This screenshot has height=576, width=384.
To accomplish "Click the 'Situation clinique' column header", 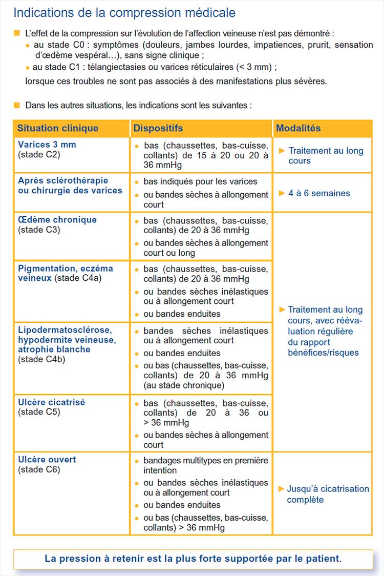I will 57,128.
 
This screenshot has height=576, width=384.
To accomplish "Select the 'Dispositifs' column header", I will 158,128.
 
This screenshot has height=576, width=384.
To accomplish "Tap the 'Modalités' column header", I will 298,128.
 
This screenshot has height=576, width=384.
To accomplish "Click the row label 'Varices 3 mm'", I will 47,145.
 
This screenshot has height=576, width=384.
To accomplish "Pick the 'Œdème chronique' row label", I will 57,220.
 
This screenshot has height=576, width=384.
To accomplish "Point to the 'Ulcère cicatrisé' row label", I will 51,402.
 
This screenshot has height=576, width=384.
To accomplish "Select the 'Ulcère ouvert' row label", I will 47,460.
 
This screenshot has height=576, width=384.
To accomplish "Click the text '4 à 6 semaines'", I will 319,193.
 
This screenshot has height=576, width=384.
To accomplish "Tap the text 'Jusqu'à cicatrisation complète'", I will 328,494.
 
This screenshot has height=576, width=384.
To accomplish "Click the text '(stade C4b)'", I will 41,359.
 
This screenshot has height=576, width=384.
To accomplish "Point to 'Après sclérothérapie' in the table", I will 63,180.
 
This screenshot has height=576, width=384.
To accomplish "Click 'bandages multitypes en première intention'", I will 205,465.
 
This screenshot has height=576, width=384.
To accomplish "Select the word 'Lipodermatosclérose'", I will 65,330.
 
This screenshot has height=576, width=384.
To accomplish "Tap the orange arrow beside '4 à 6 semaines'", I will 282,193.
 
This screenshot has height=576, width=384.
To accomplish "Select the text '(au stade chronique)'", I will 184,385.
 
